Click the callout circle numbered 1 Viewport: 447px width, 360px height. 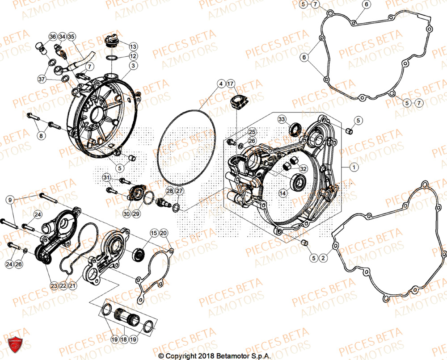(353, 167)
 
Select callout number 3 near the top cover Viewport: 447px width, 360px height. (133, 66)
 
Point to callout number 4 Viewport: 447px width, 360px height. (220, 84)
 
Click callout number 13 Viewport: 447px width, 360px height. (133, 46)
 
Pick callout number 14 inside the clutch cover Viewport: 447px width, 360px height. (283, 193)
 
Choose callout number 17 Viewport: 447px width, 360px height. (230, 84)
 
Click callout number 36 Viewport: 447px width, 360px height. (52, 36)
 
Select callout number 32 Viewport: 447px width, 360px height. (303, 169)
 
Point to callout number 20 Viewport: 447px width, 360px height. (163, 233)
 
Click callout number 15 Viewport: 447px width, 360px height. (153, 233)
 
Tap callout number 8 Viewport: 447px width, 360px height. (41, 135)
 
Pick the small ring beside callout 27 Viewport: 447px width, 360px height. (177, 207)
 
